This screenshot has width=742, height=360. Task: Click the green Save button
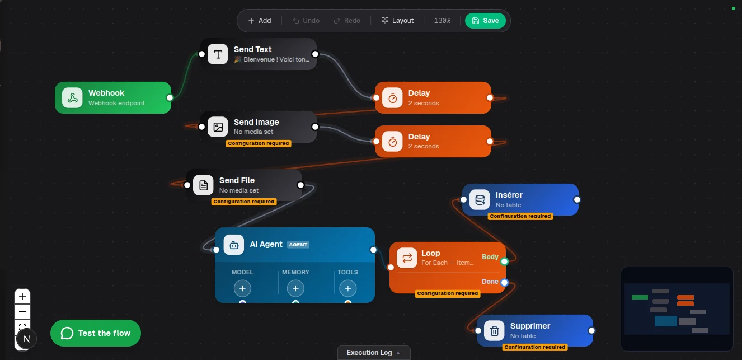coord(485,21)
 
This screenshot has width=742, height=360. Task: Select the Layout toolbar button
coord(397,21)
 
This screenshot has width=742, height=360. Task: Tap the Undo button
coord(306,21)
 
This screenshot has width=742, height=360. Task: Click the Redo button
coord(347,21)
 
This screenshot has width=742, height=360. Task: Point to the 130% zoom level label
coord(442,21)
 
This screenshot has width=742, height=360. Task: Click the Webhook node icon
coord(72,98)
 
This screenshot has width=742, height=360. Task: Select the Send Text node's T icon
coord(218,54)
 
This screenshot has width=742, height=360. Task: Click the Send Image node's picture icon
coord(218,127)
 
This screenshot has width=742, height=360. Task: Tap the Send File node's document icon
coord(203,185)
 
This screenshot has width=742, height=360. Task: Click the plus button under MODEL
coord(242,288)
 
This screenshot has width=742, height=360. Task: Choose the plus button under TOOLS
coord(348,288)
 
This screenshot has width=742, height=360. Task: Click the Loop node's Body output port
coord(505,261)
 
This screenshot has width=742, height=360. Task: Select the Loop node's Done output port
coord(505,282)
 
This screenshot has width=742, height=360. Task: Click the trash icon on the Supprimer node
coord(494,330)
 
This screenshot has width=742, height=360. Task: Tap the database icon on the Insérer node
coord(480,199)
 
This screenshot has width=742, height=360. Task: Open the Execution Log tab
coord(374,353)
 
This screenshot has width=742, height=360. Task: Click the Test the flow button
coord(95,333)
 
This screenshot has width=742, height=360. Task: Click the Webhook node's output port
coord(170,98)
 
